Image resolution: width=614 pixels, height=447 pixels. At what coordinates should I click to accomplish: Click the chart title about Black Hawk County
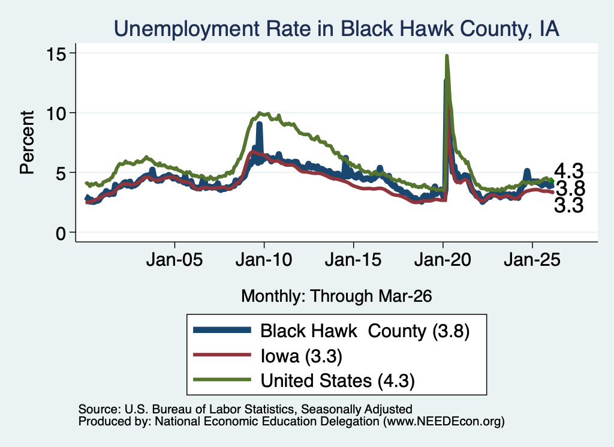coord(336,29)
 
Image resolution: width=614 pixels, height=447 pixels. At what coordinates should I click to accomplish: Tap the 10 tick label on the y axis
coord(56,113)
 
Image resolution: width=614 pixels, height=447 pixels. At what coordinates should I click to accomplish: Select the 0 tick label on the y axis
coord(61,233)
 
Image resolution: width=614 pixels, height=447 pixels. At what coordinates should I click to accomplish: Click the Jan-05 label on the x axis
coord(174,259)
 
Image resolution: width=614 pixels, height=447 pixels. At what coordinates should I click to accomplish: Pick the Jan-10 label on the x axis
coord(264,259)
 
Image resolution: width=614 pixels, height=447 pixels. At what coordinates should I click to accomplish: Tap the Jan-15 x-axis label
coord(353,259)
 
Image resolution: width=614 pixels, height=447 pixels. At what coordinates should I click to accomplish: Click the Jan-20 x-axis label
coord(443,259)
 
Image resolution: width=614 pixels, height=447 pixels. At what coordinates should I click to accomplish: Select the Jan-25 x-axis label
coord(532,259)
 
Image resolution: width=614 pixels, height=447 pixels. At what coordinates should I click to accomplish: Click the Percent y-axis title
coord(27,142)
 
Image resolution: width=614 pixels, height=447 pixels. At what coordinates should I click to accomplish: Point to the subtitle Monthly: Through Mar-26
coord(336,296)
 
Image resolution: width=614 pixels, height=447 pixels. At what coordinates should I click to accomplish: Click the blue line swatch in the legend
coord(222,330)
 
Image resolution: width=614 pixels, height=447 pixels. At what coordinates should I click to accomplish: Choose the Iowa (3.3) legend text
coord(302,356)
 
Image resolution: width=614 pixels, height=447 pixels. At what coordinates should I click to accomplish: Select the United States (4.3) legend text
coord(338,380)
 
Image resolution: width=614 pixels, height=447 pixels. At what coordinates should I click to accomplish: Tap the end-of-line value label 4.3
coord(569,171)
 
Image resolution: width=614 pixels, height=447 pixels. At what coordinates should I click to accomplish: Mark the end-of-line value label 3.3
coord(569,205)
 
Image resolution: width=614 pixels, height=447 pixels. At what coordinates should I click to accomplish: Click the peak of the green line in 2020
coord(446,56)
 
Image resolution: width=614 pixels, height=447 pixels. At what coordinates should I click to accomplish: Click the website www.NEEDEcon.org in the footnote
coord(444,421)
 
